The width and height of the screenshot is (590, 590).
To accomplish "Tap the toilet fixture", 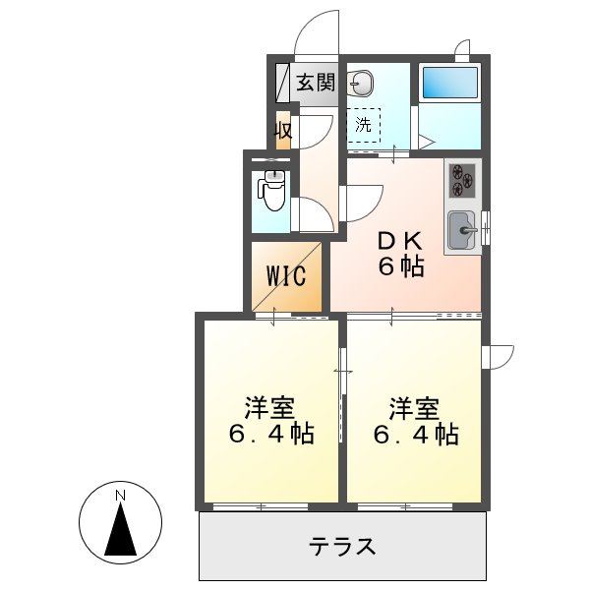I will pyautogui.click(x=272, y=191).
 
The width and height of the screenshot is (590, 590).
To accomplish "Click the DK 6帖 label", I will pyautogui.click(x=401, y=252).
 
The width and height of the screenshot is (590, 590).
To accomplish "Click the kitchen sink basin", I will pyautogui.click(x=460, y=232).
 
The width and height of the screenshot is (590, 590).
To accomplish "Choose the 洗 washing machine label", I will pyautogui.click(x=364, y=125).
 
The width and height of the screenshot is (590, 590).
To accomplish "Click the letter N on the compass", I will pyautogui.click(x=119, y=494).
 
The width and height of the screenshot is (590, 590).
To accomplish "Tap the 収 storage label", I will pyautogui.click(x=283, y=130).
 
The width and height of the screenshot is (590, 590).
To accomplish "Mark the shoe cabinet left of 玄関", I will pyautogui.click(x=280, y=83).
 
